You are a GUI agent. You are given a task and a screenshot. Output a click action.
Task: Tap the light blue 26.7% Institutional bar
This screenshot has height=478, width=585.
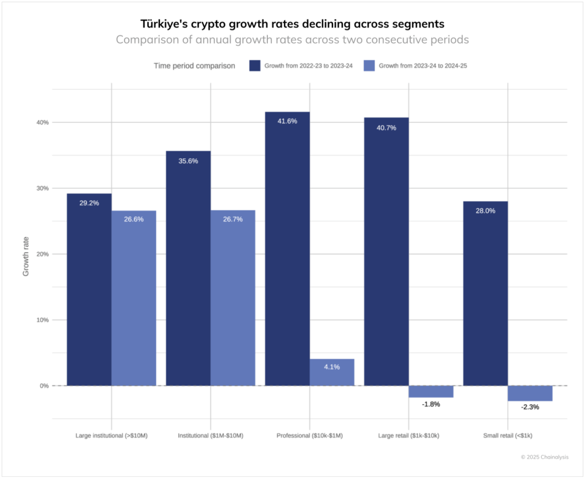[x=233, y=297]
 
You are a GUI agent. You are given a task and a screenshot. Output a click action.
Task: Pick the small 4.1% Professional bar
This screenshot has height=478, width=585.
[x=332, y=372]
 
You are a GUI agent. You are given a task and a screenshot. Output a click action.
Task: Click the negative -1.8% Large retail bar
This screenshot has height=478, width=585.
[x=431, y=392]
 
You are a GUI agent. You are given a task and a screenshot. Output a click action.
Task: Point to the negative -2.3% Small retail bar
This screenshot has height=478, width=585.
[x=530, y=393]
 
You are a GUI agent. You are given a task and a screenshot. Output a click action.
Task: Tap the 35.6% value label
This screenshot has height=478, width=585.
[x=188, y=161]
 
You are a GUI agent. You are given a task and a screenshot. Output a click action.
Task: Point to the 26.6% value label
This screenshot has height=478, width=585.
[x=134, y=219]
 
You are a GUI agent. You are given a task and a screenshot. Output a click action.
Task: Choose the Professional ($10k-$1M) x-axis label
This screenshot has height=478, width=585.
[x=310, y=436]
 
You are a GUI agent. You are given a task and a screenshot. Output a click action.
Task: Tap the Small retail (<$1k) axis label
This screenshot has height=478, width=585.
[x=508, y=436]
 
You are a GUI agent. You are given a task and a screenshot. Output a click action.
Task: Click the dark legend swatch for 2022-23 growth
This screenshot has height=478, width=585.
[x=255, y=66]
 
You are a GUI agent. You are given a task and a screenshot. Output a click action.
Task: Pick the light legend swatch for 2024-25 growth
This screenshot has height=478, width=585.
[x=369, y=66]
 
